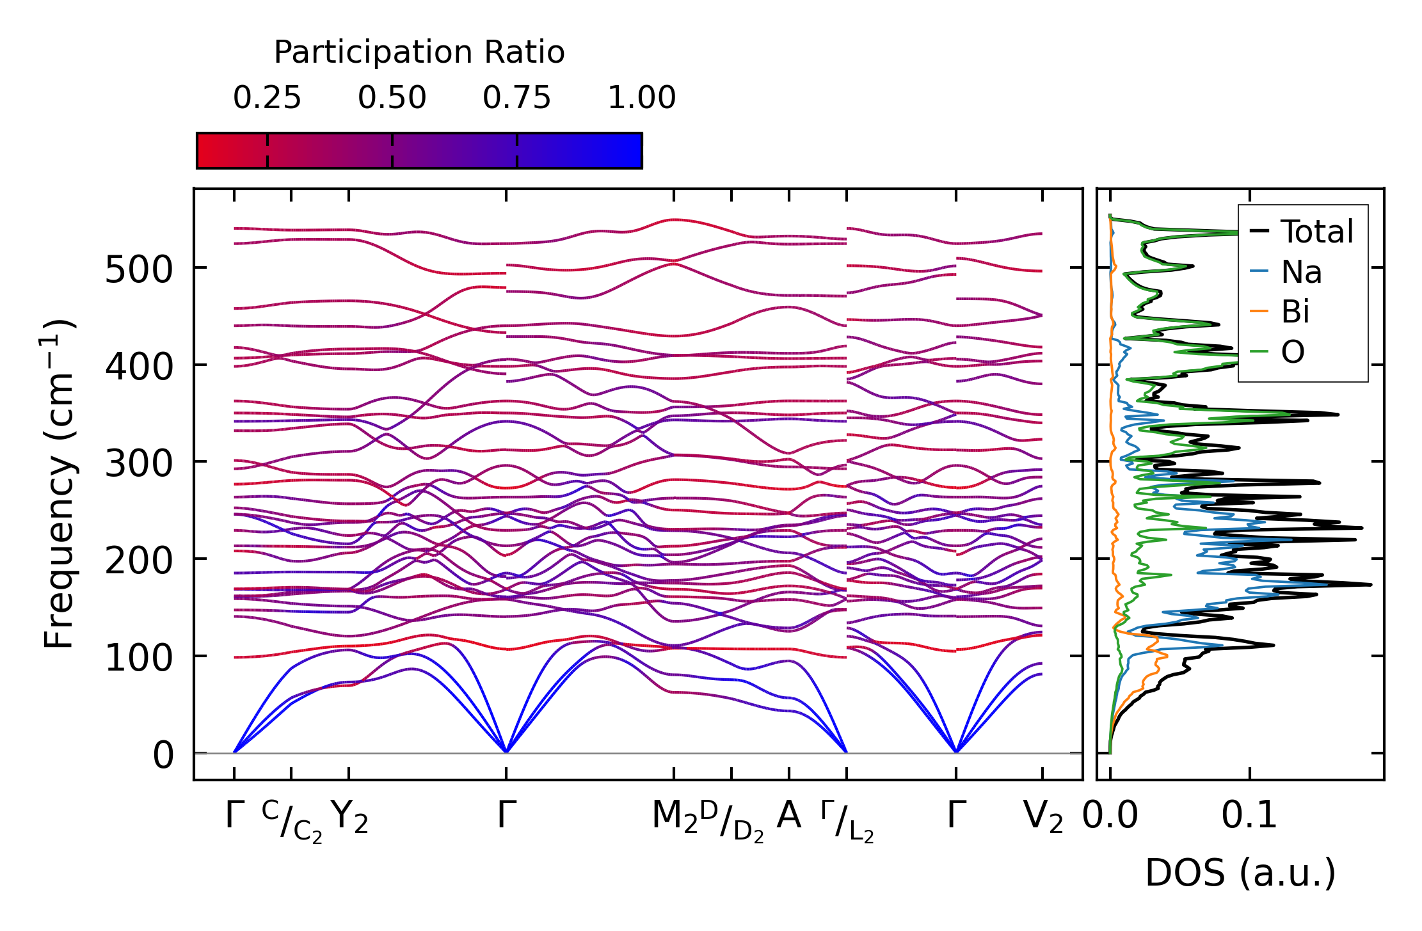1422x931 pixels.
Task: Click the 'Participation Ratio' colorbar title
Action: coord(419,52)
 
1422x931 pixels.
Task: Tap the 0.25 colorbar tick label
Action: coord(267,98)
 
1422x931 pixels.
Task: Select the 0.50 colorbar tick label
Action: coord(392,98)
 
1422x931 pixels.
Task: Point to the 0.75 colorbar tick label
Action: coord(516,98)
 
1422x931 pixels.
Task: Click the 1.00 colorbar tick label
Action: coord(641,98)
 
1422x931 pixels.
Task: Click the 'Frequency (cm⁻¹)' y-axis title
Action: coord(60,484)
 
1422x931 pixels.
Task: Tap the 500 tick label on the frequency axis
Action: coord(139,269)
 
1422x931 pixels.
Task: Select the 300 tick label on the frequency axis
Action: coord(139,463)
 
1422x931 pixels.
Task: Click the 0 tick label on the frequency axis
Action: coord(163,755)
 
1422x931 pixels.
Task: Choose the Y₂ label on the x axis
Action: coord(349,817)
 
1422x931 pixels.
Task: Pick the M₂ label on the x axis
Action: coord(675,817)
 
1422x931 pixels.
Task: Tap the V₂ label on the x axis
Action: coord(1043,817)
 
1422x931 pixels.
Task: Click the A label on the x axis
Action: coord(788,816)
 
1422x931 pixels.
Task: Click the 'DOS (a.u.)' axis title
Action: coord(1240,873)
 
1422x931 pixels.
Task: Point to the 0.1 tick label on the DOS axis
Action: coord(1249,816)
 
